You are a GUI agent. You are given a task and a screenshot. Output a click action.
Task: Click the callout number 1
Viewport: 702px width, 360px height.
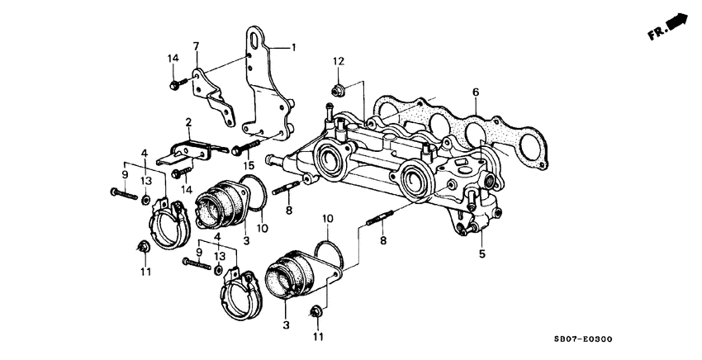pyautogui.click(x=293, y=48)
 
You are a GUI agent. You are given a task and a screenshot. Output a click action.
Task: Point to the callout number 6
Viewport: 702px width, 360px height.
pyautogui.click(x=476, y=92)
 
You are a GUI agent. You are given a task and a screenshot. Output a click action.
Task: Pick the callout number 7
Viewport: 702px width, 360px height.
pyautogui.click(x=197, y=45)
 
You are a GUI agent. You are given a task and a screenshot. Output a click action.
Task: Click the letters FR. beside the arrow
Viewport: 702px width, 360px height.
pyautogui.click(x=657, y=34)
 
